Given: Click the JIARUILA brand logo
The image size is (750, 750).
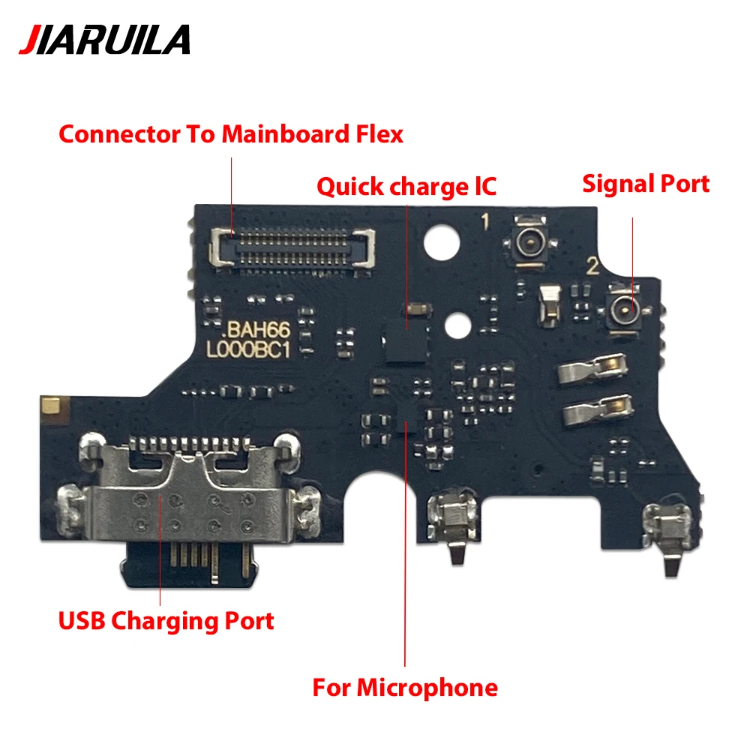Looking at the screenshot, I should tap(104, 40).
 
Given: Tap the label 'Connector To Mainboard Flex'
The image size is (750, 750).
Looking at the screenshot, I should tap(231, 135).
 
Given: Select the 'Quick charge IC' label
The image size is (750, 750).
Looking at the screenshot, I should tap(406, 186).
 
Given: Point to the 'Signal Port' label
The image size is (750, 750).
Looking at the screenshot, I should tap(646, 184).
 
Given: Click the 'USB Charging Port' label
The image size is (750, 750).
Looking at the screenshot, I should tap(166, 621).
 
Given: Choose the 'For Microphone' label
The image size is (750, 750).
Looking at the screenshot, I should tap(405, 687).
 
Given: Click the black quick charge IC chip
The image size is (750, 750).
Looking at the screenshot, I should tap(405, 339).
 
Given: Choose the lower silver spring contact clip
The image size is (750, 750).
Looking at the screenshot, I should tap(592, 409).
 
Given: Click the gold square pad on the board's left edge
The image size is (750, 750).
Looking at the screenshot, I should tap(52, 406).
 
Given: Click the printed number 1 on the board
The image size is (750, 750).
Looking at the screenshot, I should tap(485, 222).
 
